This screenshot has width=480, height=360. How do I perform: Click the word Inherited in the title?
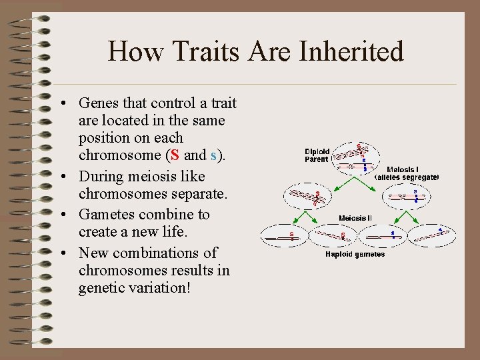click(353, 51)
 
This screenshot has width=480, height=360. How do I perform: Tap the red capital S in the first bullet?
click(175, 155)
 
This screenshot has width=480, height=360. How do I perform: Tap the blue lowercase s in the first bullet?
click(213, 155)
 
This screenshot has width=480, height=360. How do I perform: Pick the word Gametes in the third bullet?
click(105, 215)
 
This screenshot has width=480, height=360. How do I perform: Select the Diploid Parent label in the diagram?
click(317, 155)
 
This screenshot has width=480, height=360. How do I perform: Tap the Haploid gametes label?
click(355, 254)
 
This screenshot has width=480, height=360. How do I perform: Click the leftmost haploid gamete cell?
click(283, 235)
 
